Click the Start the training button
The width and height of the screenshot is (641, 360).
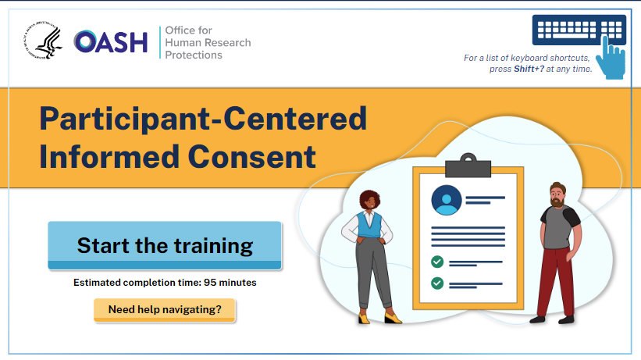click(165, 246)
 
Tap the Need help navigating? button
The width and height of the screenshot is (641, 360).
click(165, 310)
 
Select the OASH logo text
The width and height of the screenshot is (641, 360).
click(110, 42)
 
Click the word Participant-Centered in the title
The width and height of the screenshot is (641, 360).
click(203, 119)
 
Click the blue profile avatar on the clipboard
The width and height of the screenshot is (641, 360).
click(447, 200)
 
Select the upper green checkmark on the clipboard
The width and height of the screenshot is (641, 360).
click(437, 262)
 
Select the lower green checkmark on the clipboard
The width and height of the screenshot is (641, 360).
click(437, 283)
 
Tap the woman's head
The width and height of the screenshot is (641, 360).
click(370, 201)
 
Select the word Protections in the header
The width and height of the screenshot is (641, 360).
click(193, 55)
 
